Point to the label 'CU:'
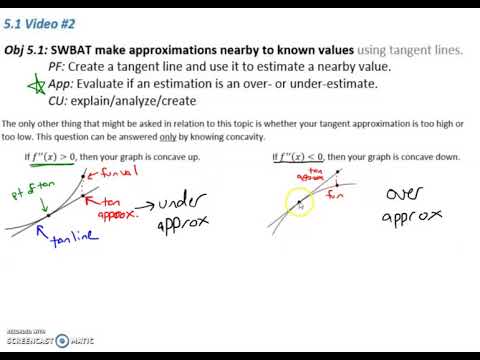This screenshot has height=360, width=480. pyautogui.click(x=59, y=100)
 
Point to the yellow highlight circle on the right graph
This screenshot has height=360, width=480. pyautogui.click(x=299, y=205)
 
